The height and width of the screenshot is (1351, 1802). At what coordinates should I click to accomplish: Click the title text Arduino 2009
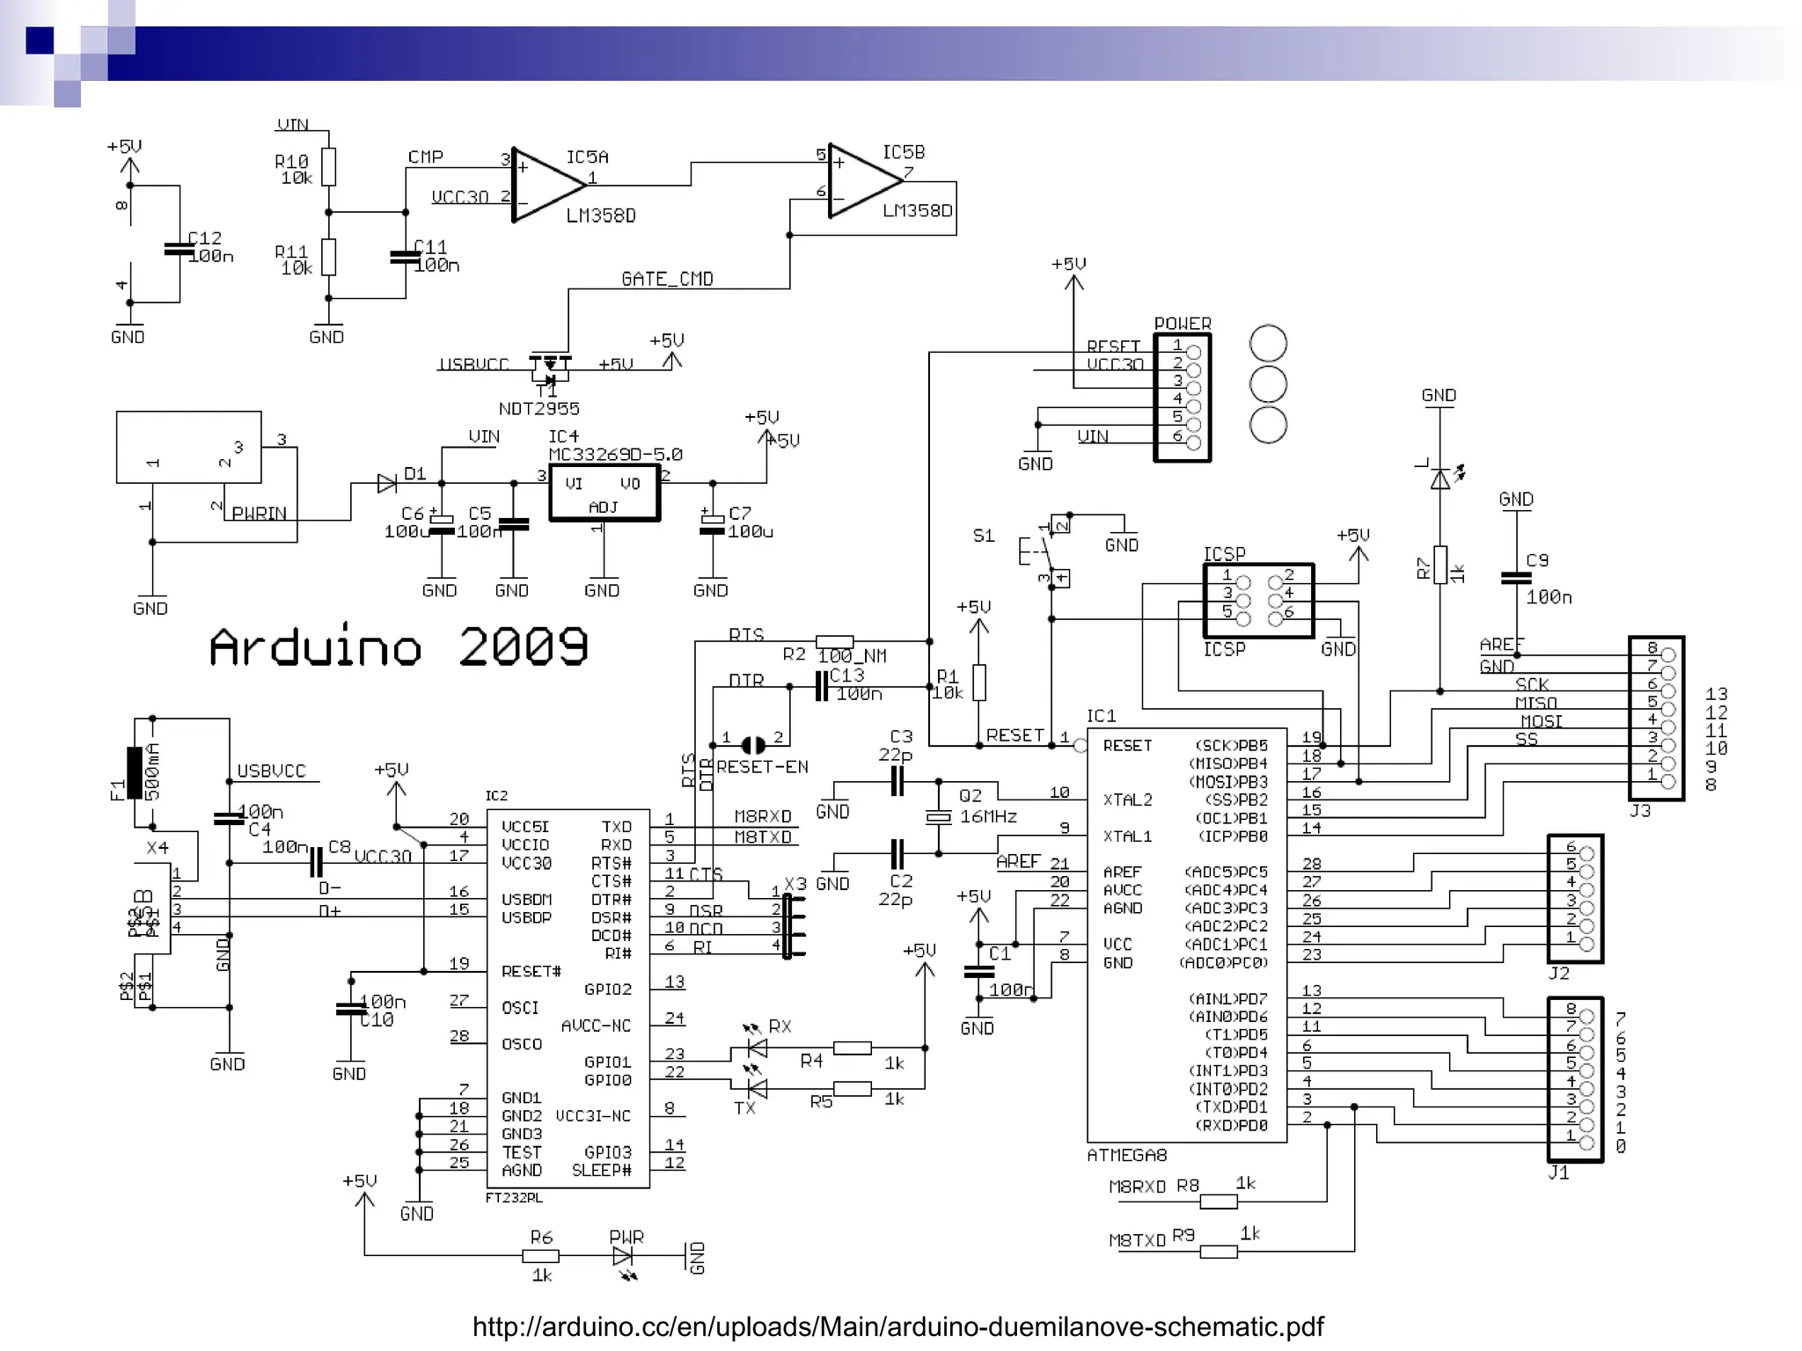click(398, 647)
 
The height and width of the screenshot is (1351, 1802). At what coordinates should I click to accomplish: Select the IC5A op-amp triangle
click(546, 186)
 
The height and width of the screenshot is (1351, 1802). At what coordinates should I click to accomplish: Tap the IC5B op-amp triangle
click(862, 181)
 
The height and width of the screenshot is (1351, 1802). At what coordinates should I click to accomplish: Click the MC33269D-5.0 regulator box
click(604, 493)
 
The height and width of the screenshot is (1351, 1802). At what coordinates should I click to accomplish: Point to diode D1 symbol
click(386, 483)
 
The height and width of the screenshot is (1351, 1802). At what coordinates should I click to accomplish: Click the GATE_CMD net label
click(667, 279)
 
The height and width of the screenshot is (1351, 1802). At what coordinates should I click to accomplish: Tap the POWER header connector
click(1182, 398)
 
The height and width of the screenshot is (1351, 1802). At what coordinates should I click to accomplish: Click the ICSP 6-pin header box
click(1258, 601)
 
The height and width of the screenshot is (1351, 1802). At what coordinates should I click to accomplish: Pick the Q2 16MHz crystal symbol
click(939, 817)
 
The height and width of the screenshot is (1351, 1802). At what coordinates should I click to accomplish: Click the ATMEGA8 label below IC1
click(1126, 1155)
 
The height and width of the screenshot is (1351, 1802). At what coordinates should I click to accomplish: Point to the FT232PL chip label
click(514, 1198)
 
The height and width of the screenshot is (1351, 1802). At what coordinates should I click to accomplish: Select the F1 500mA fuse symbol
click(135, 773)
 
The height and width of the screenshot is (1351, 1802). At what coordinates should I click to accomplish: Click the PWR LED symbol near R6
click(622, 1255)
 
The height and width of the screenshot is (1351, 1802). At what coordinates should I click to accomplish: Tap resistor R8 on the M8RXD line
click(1219, 1201)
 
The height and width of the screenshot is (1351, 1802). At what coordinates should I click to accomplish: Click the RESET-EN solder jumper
click(753, 745)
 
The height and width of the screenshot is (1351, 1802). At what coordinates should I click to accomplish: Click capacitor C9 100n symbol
click(1516, 578)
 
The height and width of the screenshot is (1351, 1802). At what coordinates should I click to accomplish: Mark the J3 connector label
click(1640, 811)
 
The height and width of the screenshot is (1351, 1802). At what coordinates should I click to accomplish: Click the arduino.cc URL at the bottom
click(897, 1325)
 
